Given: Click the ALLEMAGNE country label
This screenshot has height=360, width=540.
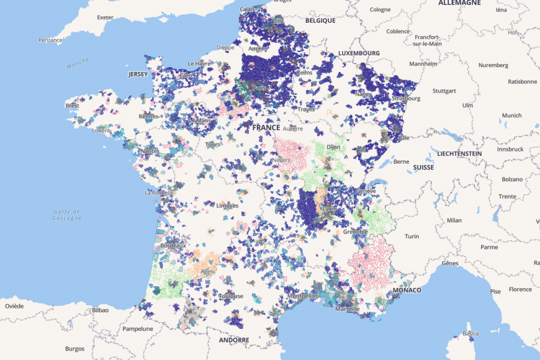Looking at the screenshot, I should tap(460, 3).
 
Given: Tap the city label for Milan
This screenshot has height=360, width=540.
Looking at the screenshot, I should tap(454, 220).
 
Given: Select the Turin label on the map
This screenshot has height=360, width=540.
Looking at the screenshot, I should tap(412, 236).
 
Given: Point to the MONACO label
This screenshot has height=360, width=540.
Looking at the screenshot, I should tap(407, 290).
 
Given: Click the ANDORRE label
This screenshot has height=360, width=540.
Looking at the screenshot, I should tap(233, 340).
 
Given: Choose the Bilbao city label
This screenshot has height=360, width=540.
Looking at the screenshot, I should tap(100, 310).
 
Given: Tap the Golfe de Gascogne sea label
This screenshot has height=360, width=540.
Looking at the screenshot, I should tap(67, 214).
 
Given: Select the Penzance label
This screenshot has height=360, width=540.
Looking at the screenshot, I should tap(50, 40).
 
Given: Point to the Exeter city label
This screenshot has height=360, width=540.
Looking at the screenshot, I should tap(105, 17).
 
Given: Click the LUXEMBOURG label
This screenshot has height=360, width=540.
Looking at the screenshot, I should tap(359, 53).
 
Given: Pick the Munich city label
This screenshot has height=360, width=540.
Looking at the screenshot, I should tap(512, 115).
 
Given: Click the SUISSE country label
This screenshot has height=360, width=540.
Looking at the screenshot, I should tap(423, 167).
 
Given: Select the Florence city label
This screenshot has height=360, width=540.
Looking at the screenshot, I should tap(520, 289).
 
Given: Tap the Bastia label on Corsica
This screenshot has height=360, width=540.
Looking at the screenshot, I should tap(471, 334).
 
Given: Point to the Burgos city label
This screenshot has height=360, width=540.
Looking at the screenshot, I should tap(75, 349).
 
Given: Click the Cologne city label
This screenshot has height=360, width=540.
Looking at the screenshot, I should tap(380, 10).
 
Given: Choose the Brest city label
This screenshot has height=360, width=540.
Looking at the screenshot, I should tap(72, 106).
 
